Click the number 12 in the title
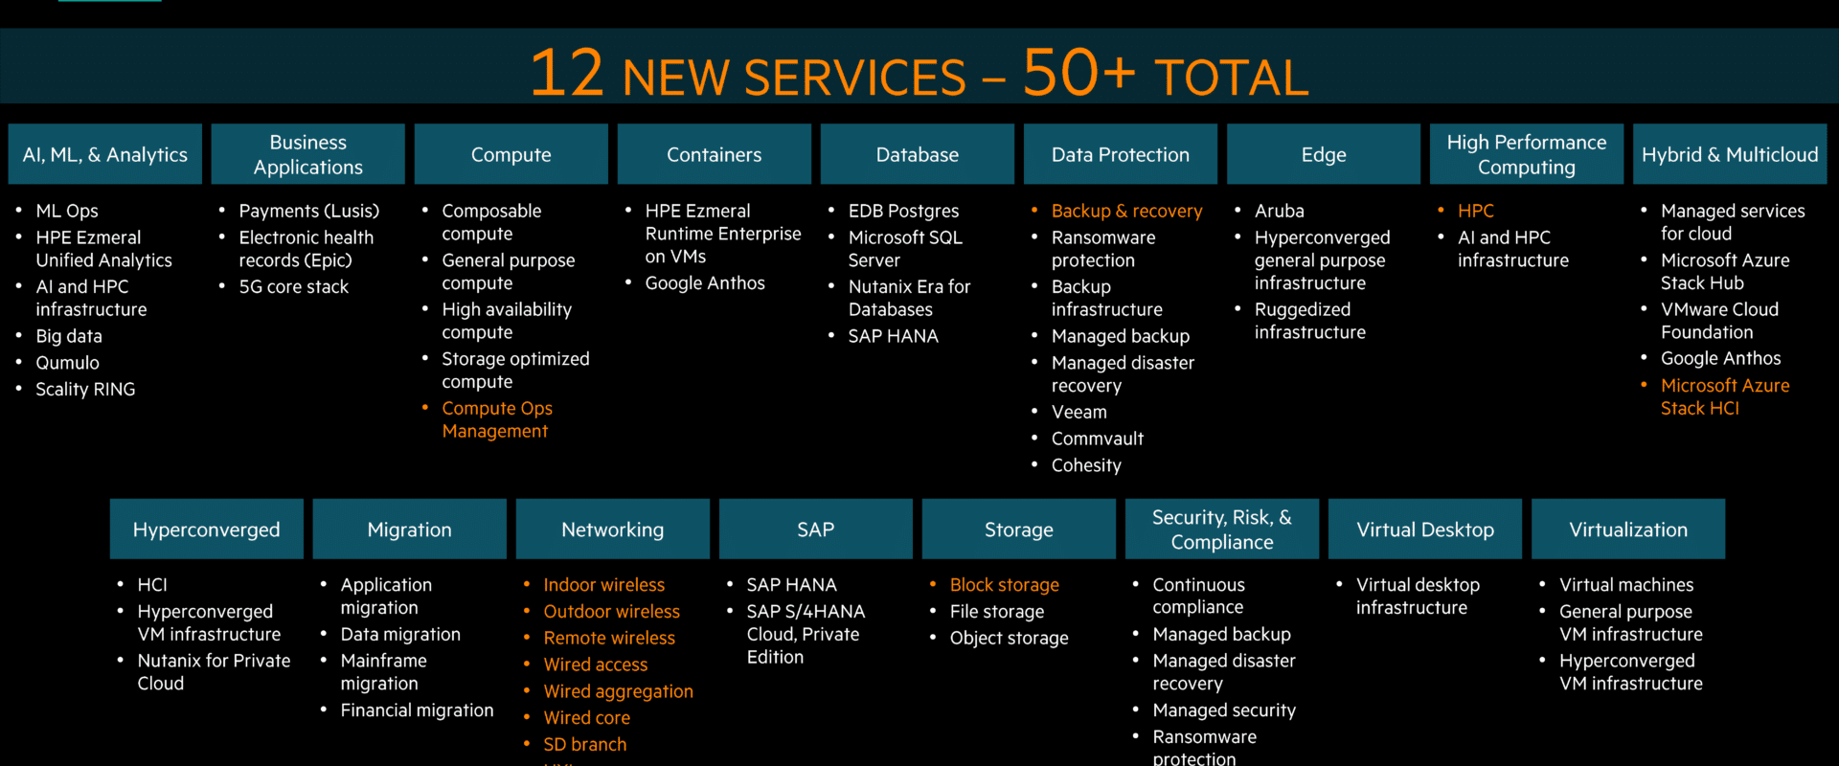point(567,73)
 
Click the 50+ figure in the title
point(1078,73)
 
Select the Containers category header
point(715,154)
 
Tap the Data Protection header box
point(1121,154)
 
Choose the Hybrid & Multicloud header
point(1730,154)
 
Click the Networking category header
point(613,529)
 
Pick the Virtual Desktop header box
point(1425,529)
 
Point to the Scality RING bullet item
point(85,389)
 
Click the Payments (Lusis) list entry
point(309,211)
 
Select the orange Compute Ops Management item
point(497,419)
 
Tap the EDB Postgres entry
point(903,211)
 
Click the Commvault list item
point(1098,439)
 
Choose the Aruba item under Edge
point(1280,211)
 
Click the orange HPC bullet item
point(1476,211)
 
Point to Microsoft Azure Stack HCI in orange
point(1725,396)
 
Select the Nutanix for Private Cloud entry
point(214,672)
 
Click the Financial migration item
point(418,710)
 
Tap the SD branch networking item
point(585,744)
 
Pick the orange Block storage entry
point(1005,585)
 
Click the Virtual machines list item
point(1626,585)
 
